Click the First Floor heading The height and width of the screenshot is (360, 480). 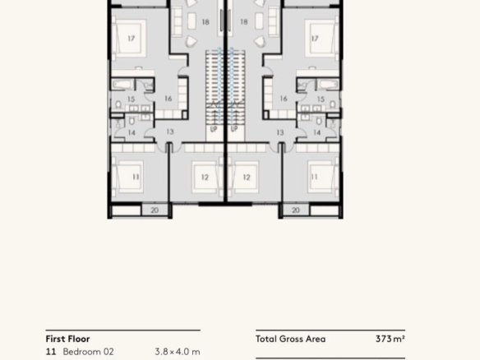pyautogui.click(x=67, y=339)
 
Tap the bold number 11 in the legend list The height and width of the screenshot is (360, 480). pyautogui.click(x=51, y=352)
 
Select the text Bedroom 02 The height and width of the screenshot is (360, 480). pyautogui.click(x=88, y=352)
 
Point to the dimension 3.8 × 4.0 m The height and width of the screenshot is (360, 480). pyautogui.click(x=178, y=352)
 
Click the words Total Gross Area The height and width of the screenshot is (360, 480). pyautogui.click(x=290, y=339)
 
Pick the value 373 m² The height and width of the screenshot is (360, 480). pyautogui.click(x=390, y=339)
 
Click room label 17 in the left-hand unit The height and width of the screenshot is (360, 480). pyautogui.click(x=131, y=39)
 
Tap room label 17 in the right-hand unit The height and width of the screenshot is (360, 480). pyautogui.click(x=315, y=39)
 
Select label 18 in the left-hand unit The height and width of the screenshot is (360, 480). pyautogui.click(x=205, y=21)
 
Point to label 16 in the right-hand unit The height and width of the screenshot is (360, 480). pyautogui.click(x=284, y=99)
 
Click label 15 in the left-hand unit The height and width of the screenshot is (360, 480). pyautogui.click(x=131, y=99)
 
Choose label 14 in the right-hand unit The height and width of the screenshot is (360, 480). pyautogui.click(x=316, y=132)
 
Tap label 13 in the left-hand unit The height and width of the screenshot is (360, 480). pyautogui.click(x=170, y=132)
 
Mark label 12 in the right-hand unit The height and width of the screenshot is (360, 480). pyautogui.click(x=247, y=178)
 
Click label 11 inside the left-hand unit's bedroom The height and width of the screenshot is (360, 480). pyautogui.click(x=136, y=177)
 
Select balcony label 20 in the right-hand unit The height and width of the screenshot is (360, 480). pyautogui.click(x=295, y=210)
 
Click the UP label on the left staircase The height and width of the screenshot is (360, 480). pyautogui.click(x=214, y=129)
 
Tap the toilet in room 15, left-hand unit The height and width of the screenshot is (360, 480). pyautogui.click(x=118, y=104)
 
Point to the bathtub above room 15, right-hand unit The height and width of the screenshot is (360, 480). pyautogui.click(x=328, y=84)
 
